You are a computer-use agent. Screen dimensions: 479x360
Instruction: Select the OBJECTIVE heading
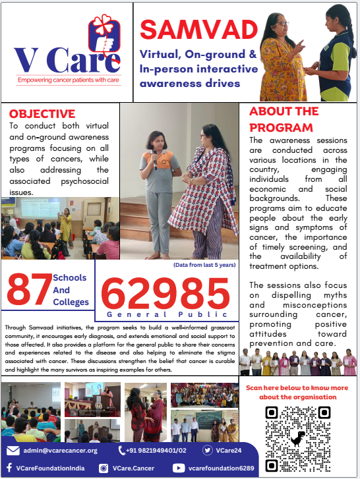42,114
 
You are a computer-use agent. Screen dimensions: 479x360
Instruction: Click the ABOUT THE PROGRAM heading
284,119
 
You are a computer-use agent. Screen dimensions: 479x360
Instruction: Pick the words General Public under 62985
166,316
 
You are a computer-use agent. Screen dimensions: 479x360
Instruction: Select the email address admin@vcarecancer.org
61,451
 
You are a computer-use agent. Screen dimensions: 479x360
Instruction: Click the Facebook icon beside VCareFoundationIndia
12,467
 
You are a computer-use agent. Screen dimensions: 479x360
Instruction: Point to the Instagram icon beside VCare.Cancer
104,467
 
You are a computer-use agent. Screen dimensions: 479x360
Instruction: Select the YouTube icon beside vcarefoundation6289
177,467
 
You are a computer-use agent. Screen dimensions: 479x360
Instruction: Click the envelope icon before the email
13,451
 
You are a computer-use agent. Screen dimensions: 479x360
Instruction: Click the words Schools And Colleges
71,290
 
